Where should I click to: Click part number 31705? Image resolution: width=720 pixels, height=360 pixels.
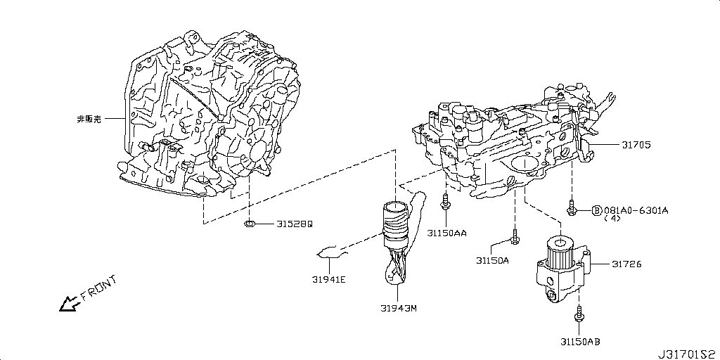[636, 146]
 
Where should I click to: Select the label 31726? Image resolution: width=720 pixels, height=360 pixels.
[626, 264]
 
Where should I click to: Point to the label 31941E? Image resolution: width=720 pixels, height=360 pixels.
[328, 280]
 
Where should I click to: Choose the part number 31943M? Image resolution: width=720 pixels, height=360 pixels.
[399, 307]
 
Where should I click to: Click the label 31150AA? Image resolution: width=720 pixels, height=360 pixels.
[448, 231]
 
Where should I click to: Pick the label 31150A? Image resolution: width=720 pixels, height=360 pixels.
[491, 260]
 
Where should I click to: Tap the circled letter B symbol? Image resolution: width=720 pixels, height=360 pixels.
[596, 210]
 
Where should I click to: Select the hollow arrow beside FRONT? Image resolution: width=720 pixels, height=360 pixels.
[69, 304]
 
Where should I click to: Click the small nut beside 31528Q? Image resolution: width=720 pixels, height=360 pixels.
[248, 224]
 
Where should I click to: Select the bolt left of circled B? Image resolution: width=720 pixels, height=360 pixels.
[572, 209]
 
